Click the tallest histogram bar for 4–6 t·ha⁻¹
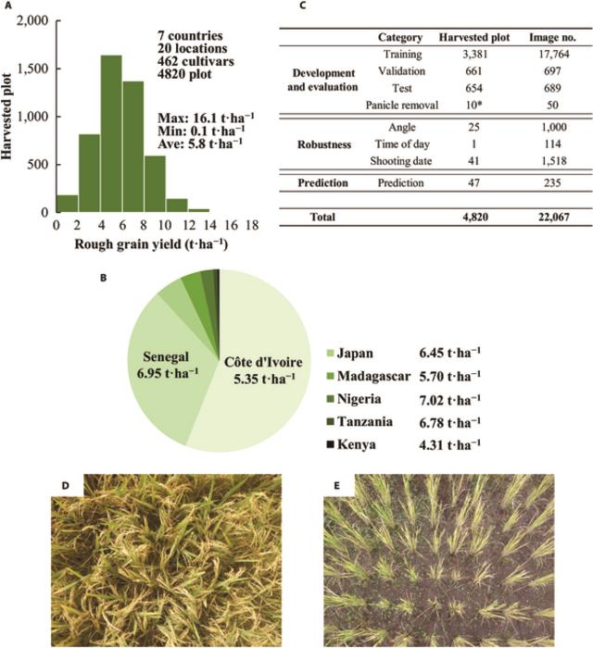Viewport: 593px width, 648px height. (x=111, y=134)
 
